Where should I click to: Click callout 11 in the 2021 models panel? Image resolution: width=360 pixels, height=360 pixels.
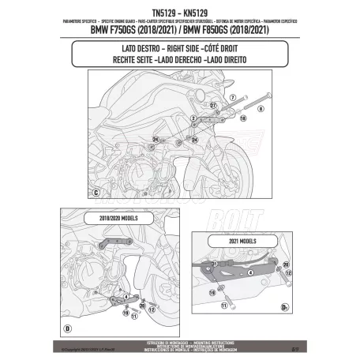[x=223, y=304]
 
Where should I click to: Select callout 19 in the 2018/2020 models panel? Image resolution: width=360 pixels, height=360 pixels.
[x=126, y=313]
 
